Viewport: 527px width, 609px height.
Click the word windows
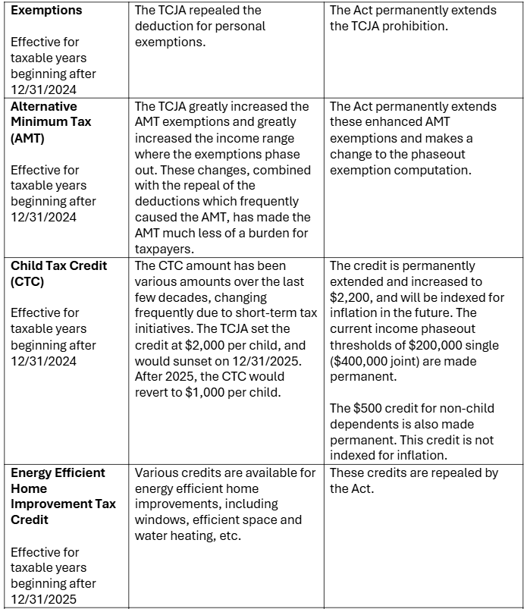click(159, 520)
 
